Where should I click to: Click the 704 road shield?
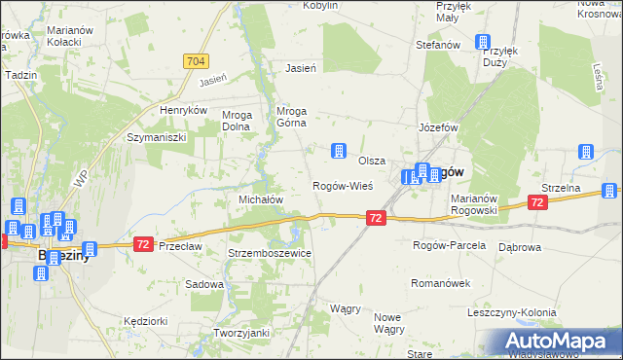pyautogui.click(x=195, y=61)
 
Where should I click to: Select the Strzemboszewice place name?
pyautogui.click(x=270, y=253)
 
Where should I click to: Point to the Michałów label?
pyautogui.click(x=261, y=199)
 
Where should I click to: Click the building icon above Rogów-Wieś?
pyautogui.click(x=338, y=151)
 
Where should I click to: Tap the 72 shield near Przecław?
pyautogui.click(x=143, y=244)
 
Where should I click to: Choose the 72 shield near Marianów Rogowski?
pyautogui.click(x=536, y=202)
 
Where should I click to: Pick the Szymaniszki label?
pyautogui.click(x=156, y=138)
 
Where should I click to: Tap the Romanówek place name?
pyautogui.click(x=443, y=283)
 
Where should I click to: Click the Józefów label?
pyautogui.click(x=438, y=127)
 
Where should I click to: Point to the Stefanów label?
pyautogui.click(x=437, y=45)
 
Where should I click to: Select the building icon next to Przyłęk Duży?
pyautogui.click(x=482, y=42)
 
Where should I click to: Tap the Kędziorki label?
pyautogui.click(x=147, y=320)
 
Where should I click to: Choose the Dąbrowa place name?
pyautogui.click(x=519, y=247)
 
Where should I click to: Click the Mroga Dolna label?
pyautogui.click(x=238, y=120)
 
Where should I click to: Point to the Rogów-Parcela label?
pyautogui.click(x=449, y=245)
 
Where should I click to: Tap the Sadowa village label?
pyautogui.click(x=204, y=285)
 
